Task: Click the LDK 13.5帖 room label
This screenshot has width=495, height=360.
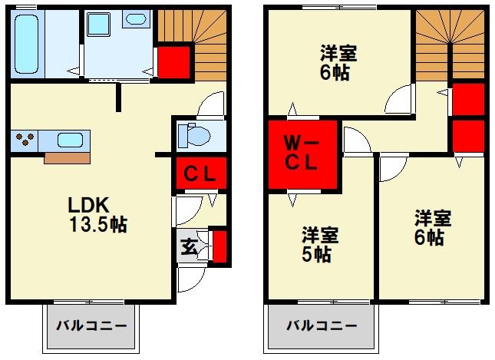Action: (97, 215)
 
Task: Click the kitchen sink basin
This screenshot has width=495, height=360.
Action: (71, 141)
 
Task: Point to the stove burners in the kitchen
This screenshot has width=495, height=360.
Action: (26, 141)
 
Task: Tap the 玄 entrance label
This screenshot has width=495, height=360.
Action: (189, 246)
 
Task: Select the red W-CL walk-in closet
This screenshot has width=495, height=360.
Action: (303, 154)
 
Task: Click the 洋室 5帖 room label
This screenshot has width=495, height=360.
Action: (315, 243)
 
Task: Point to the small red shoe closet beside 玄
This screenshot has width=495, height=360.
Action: (218, 246)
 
